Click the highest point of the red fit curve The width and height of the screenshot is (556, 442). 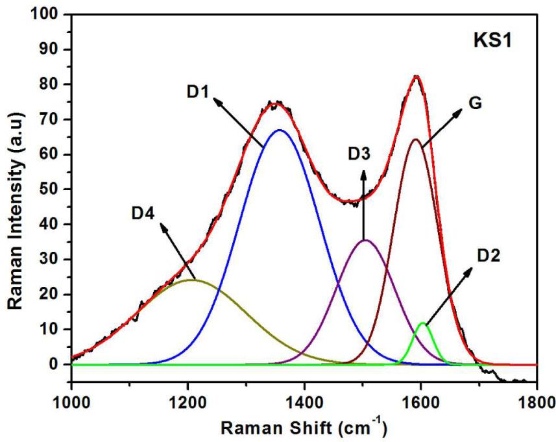pyautogui.click(x=416, y=76)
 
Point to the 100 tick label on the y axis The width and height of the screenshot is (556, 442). pyautogui.click(x=49, y=14)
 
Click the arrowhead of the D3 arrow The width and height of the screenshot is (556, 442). pyautogui.click(x=363, y=173)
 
